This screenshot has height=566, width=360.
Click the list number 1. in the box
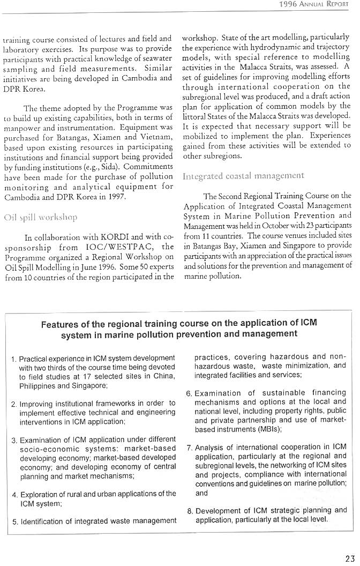click(14, 358)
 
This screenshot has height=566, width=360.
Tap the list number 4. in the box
click(14, 494)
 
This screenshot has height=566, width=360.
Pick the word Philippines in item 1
click(37, 385)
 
